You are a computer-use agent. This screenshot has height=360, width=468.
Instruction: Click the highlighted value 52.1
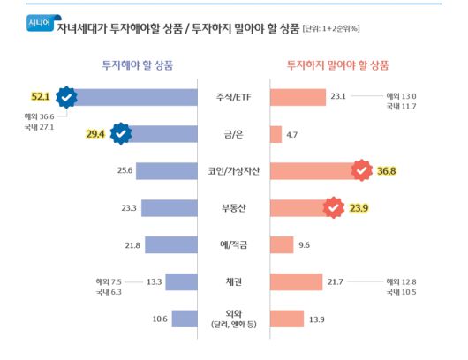point(42,96)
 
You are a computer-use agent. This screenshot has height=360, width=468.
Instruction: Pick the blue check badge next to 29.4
point(121,133)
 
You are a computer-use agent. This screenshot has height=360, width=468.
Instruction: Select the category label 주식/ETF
point(233,97)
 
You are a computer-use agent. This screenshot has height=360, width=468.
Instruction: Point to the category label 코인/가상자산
point(233,171)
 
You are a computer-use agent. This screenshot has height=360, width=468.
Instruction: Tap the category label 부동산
point(233,208)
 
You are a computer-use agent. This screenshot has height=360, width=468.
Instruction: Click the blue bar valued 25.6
point(167,171)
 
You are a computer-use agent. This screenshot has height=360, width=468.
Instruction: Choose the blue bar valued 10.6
point(185,319)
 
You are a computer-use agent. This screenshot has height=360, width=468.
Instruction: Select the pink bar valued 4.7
point(276,134)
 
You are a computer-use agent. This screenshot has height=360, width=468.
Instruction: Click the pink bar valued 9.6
point(282,245)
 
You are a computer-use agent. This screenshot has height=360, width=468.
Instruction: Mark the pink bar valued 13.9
point(287,319)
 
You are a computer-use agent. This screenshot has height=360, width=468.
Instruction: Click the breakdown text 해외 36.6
point(40,116)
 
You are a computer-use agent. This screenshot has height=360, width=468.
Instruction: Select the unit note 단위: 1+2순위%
point(331,29)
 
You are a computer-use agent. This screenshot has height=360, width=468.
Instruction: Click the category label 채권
point(233,281)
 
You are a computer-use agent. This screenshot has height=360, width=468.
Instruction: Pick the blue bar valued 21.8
point(170,245)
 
